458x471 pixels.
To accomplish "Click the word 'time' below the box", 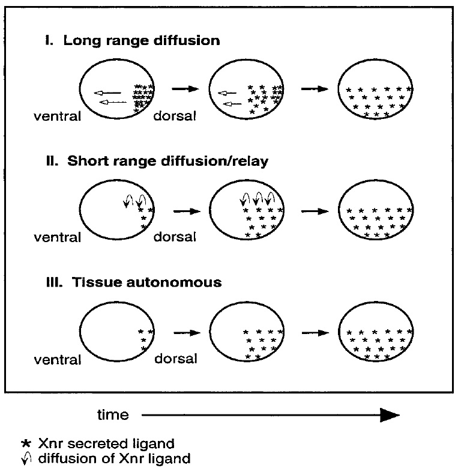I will (113, 415).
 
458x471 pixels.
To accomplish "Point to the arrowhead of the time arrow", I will (391, 415).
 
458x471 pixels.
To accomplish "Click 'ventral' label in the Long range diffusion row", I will (57, 117).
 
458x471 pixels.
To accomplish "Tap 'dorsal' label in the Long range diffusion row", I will (175, 117).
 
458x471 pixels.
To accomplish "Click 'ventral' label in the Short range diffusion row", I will (57, 237).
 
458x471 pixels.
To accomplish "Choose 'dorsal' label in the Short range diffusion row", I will (175, 237).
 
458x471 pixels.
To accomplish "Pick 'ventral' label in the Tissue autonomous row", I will (57, 360).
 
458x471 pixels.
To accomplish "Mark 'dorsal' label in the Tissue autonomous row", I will (175, 360).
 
